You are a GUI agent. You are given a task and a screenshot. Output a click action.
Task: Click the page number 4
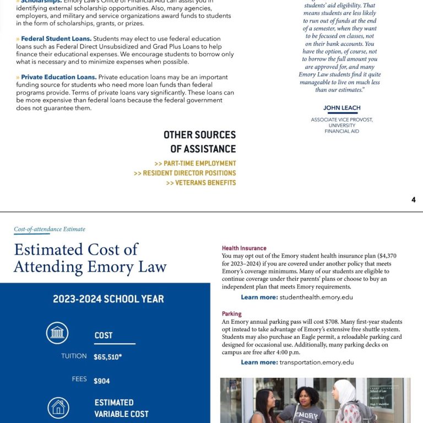(414, 200)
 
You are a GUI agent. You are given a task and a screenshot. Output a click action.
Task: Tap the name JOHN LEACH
(341, 109)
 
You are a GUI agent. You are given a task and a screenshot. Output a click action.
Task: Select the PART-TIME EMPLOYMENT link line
(195, 164)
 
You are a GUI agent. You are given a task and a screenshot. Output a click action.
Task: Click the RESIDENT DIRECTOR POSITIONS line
(185, 173)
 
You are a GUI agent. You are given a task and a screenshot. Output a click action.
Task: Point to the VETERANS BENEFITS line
(200, 183)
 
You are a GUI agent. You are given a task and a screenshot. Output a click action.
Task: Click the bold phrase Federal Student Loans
(56, 39)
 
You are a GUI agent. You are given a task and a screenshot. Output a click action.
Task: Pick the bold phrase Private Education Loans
(58, 78)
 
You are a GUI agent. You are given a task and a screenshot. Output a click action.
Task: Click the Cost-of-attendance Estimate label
(50, 229)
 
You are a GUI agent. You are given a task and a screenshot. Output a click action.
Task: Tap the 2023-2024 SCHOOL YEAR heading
(109, 299)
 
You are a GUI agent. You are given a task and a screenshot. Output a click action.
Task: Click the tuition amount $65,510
(107, 357)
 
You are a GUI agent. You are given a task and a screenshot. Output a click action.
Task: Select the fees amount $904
(102, 381)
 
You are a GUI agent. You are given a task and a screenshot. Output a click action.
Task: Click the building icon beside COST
(57, 333)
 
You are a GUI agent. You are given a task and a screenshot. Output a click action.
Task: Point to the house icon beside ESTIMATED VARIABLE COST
(57, 407)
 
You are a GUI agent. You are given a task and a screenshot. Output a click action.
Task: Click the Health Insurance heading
(244, 248)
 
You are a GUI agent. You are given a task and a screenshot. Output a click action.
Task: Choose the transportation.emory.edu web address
(316, 362)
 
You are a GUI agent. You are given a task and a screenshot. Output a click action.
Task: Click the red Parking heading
(232, 314)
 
